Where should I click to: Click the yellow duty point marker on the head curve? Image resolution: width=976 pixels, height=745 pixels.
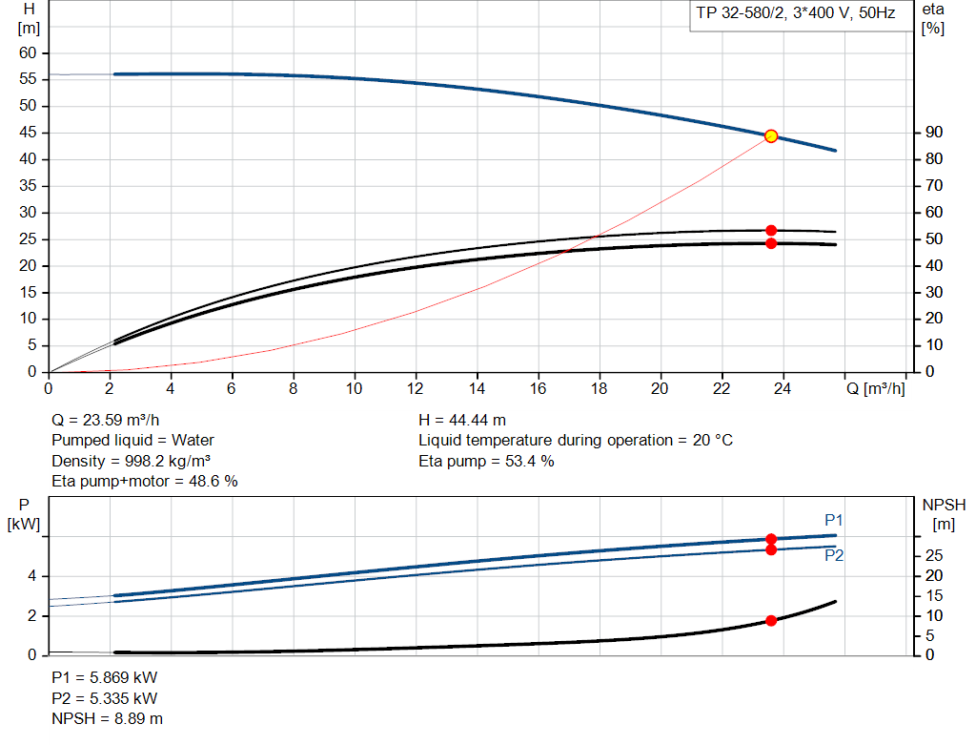click(x=771, y=136)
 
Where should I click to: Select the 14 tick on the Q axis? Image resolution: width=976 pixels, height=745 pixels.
click(x=477, y=388)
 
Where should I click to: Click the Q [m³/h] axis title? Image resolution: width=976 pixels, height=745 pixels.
click(x=875, y=388)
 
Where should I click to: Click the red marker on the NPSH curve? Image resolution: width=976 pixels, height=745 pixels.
click(x=771, y=621)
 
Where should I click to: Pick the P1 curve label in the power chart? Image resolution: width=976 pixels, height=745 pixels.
click(x=834, y=520)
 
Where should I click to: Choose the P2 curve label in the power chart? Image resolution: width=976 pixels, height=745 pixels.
click(x=834, y=555)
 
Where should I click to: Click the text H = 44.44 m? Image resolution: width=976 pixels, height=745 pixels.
click(x=462, y=420)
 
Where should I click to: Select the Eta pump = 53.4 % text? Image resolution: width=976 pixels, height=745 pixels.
click(x=486, y=462)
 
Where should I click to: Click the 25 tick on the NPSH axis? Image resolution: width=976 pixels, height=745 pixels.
click(x=934, y=555)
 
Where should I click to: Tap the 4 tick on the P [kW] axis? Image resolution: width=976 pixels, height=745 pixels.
click(x=31, y=576)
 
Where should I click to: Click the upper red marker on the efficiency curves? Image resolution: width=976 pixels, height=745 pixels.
click(x=771, y=231)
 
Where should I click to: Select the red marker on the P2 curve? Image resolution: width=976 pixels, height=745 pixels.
click(x=771, y=549)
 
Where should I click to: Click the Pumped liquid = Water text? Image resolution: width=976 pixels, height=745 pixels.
click(x=132, y=441)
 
